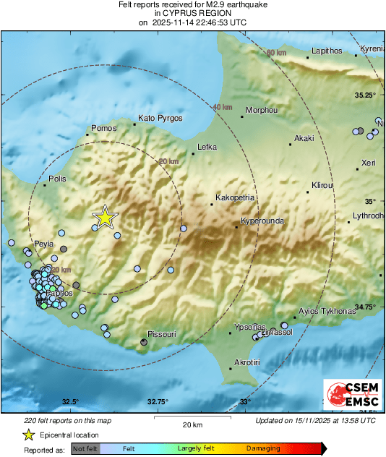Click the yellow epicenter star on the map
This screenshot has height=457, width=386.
pyautogui.click(x=106, y=216)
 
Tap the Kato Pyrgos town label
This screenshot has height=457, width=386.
pyautogui.click(x=160, y=118)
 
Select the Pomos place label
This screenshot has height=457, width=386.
pyautogui.click(x=102, y=129)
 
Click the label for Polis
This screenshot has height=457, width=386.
pyautogui.click(x=57, y=178)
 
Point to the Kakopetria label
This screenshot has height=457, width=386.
pyautogui.click(x=235, y=197)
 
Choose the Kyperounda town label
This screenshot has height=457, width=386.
pyautogui.click(x=262, y=221)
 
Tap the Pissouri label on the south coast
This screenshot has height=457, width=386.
pyautogui.click(x=161, y=335)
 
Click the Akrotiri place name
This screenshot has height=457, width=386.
pyautogui.click(x=247, y=361)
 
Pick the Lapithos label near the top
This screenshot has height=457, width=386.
pyautogui.click(x=325, y=51)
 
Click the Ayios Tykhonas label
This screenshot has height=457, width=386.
pyautogui.click(x=327, y=311)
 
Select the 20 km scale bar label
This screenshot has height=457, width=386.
pyautogui.click(x=192, y=424)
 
